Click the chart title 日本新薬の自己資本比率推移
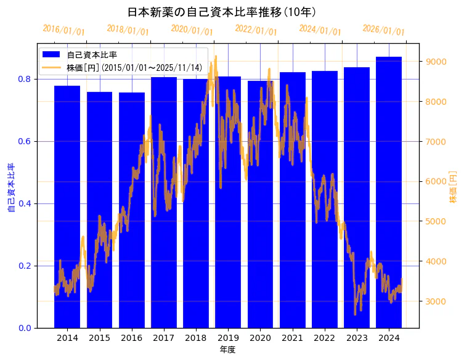tap(222, 12)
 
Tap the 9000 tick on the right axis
tap(436, 62)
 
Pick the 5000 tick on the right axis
tap(436, 221)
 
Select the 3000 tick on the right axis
tap(436, 301)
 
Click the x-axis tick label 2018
tap(196, 338)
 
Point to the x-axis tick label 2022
tap(325, 338)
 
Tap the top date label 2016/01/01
tap(64, 30)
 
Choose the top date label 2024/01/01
tap(320, 30)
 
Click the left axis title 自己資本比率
tap(11, 188)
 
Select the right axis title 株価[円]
tap(453, 188)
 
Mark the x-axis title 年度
tap(227, 350)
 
